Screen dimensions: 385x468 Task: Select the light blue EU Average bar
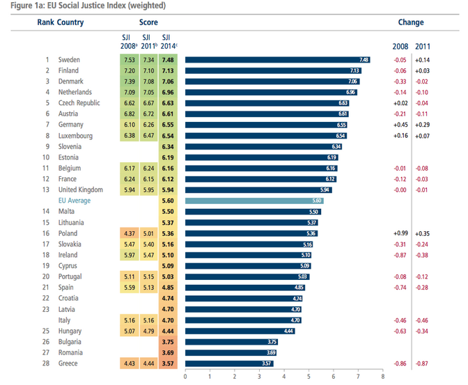coord(254,201)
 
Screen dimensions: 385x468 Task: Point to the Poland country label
coord(68,233)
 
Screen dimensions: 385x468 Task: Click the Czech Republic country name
coord(79,103)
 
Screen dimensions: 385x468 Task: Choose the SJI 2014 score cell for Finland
coord(169,70)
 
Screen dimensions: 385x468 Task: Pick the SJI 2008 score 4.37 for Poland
coord(129,233)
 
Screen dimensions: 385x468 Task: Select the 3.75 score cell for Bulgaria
coord(169,342)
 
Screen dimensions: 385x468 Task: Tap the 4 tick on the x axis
coord(284,377)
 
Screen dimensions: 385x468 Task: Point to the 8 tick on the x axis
coord(383,377)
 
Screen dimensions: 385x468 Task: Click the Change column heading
coord(411,22)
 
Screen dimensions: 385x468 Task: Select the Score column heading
coord(148,22)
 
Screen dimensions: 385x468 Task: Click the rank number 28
coord(47,363)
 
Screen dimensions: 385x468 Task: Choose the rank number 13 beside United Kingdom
coord(47,190)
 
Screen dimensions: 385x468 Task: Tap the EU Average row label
coord(75,201)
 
